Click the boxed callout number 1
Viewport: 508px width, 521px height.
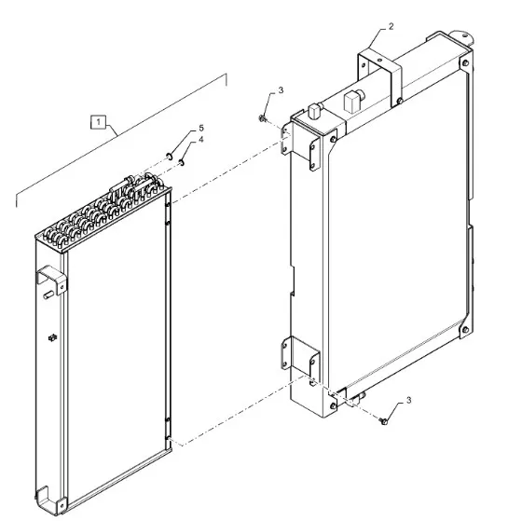click(x=98, y=122)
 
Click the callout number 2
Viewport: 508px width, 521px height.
click(x=391, y=26)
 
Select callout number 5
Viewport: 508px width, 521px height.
click(x=201, y=128)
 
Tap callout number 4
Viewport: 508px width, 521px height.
click(x=200, y=140)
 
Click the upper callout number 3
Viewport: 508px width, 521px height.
click(x=281, y=90)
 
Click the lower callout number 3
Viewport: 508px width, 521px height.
click(x=408, y=400)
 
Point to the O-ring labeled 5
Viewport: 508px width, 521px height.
click(x=169, y=156)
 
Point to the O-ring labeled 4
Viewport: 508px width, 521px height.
click(x=182, y=162)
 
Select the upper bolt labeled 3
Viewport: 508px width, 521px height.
click(x=262, y=118)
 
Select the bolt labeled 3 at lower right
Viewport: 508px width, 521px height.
click(x=383, y=421)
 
